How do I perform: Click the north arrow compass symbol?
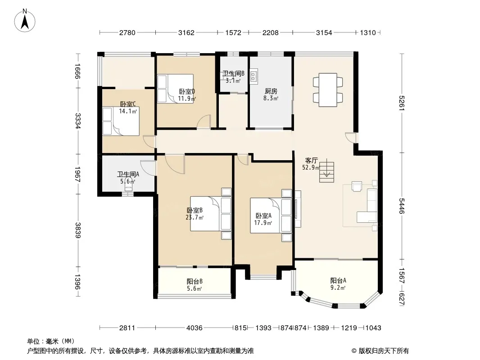tap(25, 20)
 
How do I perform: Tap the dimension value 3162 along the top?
tap(186, 32)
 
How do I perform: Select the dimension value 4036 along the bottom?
tap(195, 328)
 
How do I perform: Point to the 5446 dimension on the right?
tap(402, 206)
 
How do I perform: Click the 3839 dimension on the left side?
tap(78, 230)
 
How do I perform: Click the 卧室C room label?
tap(128, 104)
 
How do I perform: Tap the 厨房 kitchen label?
tap(271, 91)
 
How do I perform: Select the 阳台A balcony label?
tap(338, 280)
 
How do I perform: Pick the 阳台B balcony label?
tap(195, 281)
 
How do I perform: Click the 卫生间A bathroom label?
tap(128, 174)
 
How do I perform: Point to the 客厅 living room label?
tap(311, 160)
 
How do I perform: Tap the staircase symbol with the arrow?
tap(326, 171)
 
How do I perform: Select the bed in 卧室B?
tap(211, 213)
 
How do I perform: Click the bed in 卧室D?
tap(175, 88)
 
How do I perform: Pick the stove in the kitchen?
tap(254, 76)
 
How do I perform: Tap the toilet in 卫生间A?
tap(129, 187)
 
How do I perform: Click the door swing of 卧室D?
tap(204, 121)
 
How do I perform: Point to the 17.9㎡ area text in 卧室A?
tap(263, 223)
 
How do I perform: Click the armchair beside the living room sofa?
tap(357, 186)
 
